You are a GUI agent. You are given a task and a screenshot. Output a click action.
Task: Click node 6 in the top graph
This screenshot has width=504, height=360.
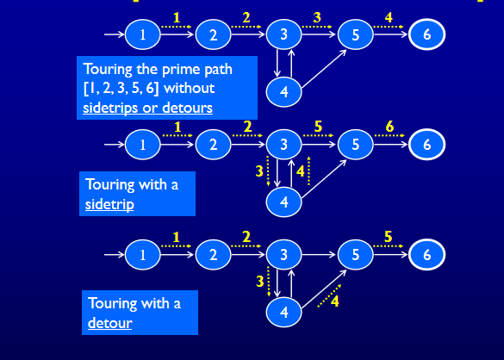[x=427, y=34]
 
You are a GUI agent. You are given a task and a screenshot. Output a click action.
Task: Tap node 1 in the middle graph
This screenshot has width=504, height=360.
[x=143, y=144]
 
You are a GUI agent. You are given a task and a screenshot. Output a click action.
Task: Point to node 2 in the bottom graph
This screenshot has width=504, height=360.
[x=213, y=254]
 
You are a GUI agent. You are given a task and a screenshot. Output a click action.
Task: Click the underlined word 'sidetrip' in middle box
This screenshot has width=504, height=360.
[x=109, y=205]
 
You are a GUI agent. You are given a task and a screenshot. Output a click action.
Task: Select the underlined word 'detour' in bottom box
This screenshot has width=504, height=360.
[x=109, y=325]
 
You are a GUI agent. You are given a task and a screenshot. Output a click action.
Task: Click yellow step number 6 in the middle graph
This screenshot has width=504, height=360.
[x=390, y=127]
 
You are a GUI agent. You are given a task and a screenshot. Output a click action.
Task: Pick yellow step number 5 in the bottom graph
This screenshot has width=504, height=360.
[x=389, y=237]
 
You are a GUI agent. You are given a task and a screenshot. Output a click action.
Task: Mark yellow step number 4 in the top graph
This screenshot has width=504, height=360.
[x=389, y=17]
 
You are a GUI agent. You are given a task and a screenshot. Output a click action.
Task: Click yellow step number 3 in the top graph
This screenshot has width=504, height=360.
[x=317, y=17]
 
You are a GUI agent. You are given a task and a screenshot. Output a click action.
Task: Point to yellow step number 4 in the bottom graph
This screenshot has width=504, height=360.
[x=335, y=301]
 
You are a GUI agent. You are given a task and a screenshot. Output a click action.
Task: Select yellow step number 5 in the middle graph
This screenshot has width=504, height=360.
[x=319, y=127]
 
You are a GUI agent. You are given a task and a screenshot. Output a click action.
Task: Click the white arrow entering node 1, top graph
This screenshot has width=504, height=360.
[x=114, y=34]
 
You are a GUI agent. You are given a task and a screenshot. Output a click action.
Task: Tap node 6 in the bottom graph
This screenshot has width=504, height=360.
[x=427, y=254]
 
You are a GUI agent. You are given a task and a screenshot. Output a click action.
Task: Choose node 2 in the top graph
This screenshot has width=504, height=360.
[x=213, y=34]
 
